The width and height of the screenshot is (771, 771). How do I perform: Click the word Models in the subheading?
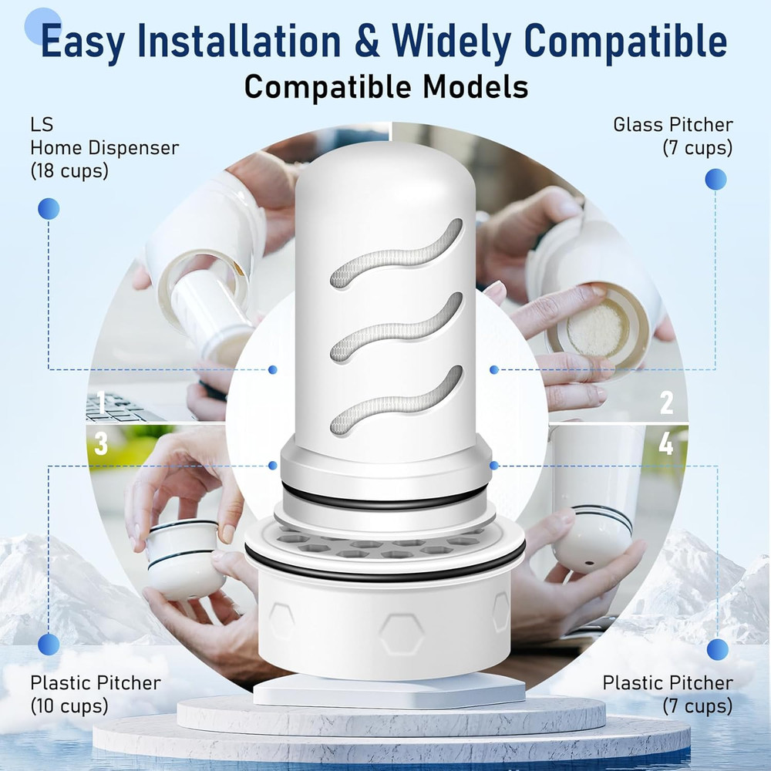coord(475,86)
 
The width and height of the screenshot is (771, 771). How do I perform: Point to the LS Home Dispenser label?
coord(105,147)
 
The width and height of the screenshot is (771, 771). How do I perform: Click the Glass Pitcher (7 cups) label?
coord(673,136)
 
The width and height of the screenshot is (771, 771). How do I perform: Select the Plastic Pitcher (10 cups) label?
coord(96,694)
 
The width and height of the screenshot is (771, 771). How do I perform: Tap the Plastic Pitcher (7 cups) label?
coord(668,694)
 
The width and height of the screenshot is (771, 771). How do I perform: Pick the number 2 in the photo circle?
coord(666,402)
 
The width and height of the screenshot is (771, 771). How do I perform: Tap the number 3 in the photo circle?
coord(101,444)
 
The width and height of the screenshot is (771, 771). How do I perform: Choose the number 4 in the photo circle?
coord(665,445)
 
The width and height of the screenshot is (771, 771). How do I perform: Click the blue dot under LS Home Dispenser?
coord(49,208)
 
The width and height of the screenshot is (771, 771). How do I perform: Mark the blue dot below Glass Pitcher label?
coord(715,180)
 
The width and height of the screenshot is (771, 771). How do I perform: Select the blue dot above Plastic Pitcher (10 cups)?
coord(49,644)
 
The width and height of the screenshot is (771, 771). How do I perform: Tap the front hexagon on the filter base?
coord(401,634)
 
